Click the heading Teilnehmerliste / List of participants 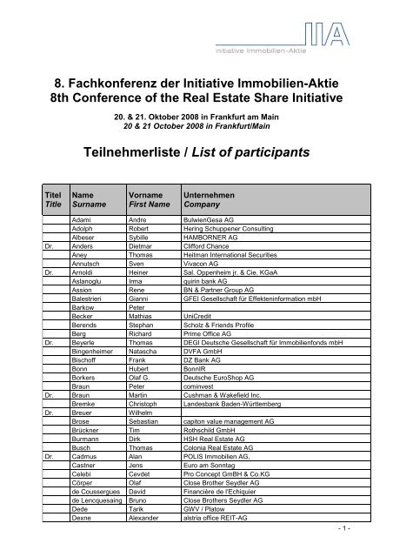[196, 152]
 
